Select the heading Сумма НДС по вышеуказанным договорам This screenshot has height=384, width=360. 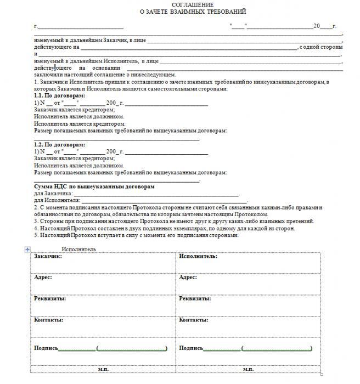pyautogui.click(x=94, y=187)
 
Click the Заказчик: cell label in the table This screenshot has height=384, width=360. pyautogui.click(x=48, y=256)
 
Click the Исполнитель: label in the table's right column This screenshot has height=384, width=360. pyautogui.click(x=196, y=256)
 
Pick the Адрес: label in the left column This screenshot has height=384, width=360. pyautogui.click(x=43, y=277)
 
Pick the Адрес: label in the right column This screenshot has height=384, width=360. pyautogui.click(x=188, y=277)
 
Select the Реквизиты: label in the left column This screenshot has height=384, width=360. pyautogui.click(x=50, y=298)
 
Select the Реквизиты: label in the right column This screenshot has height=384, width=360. pyautogui.click(x=195, y=298)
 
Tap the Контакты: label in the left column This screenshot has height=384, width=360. pyautogui.click(x=48, y=319)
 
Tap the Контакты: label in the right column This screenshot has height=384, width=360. pyautogui.click(x=193, y=319)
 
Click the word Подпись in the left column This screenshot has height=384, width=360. pyautogui.click(x=46, y=348)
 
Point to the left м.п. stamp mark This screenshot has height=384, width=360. pyautogui.click(x=103, y=369)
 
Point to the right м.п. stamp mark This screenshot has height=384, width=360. pyautogui.click(x=248, y=369)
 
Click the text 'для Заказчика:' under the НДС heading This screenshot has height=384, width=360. pyautogui.click(x=53, y=194)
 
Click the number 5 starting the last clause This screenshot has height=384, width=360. pyautogui.click(x=35, y=235)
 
